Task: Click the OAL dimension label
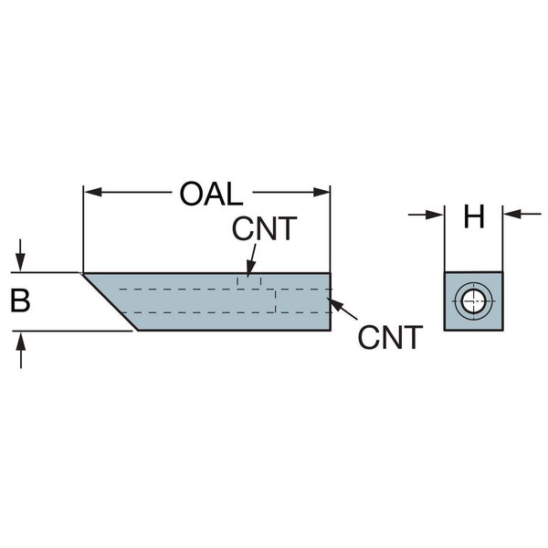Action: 210,195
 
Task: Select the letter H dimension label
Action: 473,217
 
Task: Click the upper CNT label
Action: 264,228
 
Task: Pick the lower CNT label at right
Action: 390,338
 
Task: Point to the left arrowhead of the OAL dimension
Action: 90,192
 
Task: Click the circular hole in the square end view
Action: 472,300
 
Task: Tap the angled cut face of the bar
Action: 110,300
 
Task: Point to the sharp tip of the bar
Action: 83,273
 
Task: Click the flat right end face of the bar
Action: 330,300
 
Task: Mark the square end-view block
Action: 472,300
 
